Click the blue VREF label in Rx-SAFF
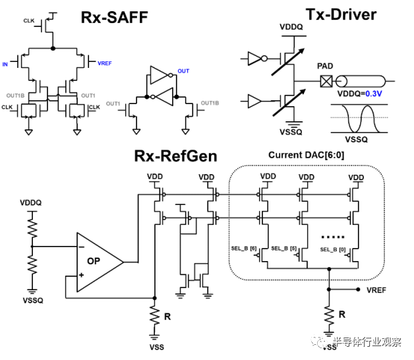[105, 63]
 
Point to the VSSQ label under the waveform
[356, 140]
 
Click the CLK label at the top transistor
[29, 21]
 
